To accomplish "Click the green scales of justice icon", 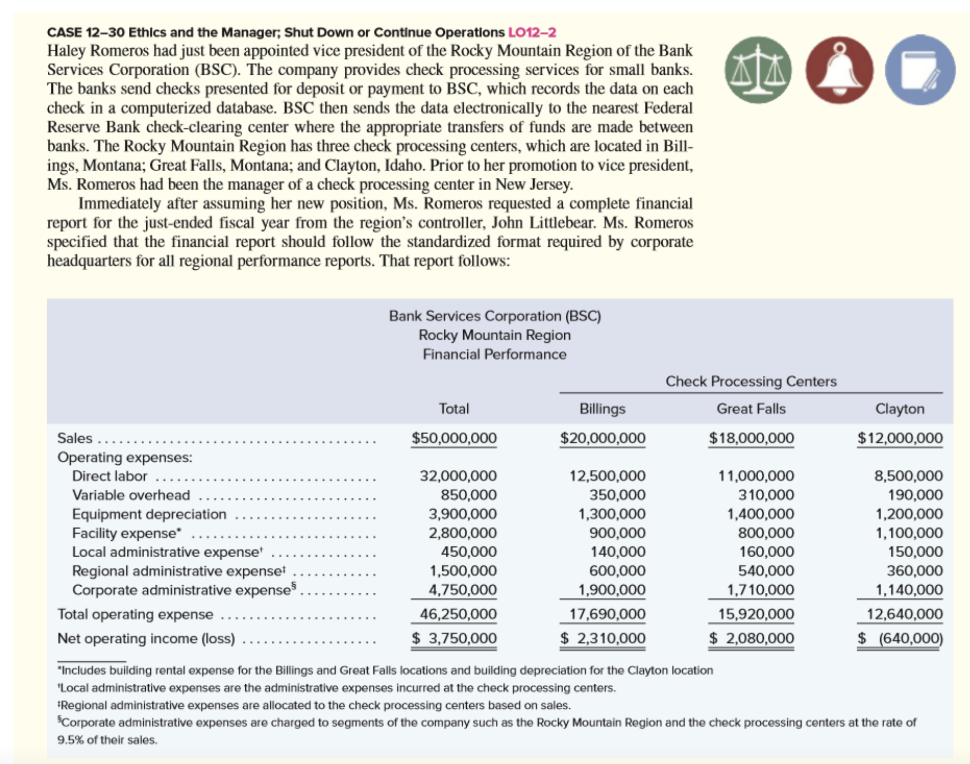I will click(758, 70).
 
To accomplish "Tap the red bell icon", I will click(839, 70).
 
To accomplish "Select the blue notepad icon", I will click(920, 70).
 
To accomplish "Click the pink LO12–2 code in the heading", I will click(532, 33).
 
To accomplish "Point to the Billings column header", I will click(602, 408).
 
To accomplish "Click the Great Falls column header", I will click(751, 408).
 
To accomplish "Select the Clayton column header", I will click(899, 408).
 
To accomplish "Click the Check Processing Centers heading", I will click(751, 381).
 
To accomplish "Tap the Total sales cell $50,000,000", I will click(454, 438).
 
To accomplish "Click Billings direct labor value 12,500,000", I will click(607, 476).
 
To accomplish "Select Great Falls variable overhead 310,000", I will click(766, 495).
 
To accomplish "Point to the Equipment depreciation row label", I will click(149, 514).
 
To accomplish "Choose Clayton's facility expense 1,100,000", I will click(909, 533).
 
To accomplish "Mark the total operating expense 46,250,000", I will click(458, 614).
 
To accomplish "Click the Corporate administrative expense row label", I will click(182, 590).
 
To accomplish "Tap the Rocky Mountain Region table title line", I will click(494, 335).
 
